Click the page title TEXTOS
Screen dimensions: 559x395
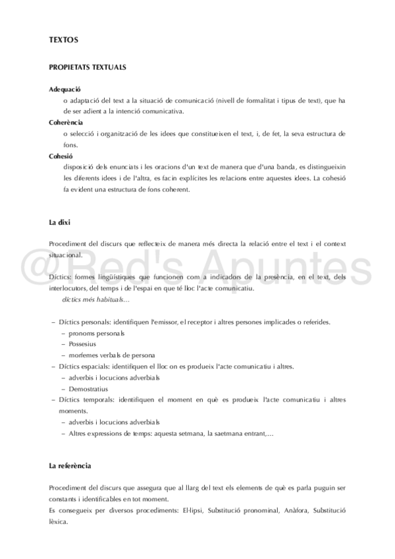point(64,40)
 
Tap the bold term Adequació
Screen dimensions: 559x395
point(65,89)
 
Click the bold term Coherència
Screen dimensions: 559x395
point(66,123)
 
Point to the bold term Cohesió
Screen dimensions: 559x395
point(61,156)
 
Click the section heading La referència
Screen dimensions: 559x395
point(70,466)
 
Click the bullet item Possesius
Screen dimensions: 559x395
point(82,343)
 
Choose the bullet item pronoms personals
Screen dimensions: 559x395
point(96,333)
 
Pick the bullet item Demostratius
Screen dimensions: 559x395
point(89,389)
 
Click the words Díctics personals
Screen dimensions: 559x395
point(85,322)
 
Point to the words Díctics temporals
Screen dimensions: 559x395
point(86,399)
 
